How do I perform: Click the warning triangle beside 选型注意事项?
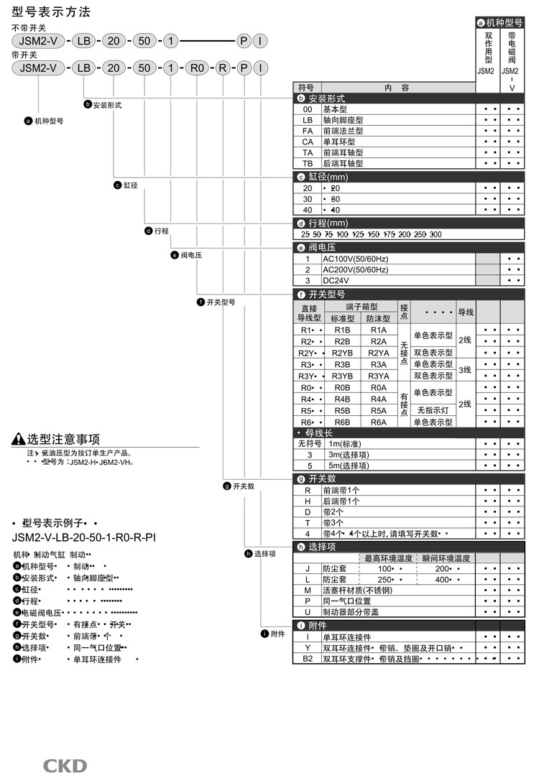19,440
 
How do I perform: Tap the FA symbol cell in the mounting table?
308,131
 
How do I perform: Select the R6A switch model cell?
379,422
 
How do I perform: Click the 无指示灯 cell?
433,410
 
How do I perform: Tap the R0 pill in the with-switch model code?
196,68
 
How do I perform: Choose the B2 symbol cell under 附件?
308,658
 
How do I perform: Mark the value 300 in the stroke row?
436,234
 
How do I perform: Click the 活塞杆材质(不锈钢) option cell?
359,590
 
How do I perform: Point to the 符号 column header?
308,88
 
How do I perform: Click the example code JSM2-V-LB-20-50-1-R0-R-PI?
84,537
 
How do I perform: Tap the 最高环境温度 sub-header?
389,557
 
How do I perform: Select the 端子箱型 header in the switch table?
361,307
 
